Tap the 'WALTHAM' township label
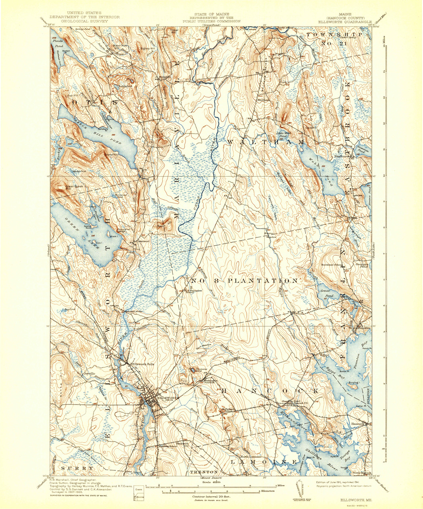(x=265, y=142)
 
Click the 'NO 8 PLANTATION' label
(x=243, y=281)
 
